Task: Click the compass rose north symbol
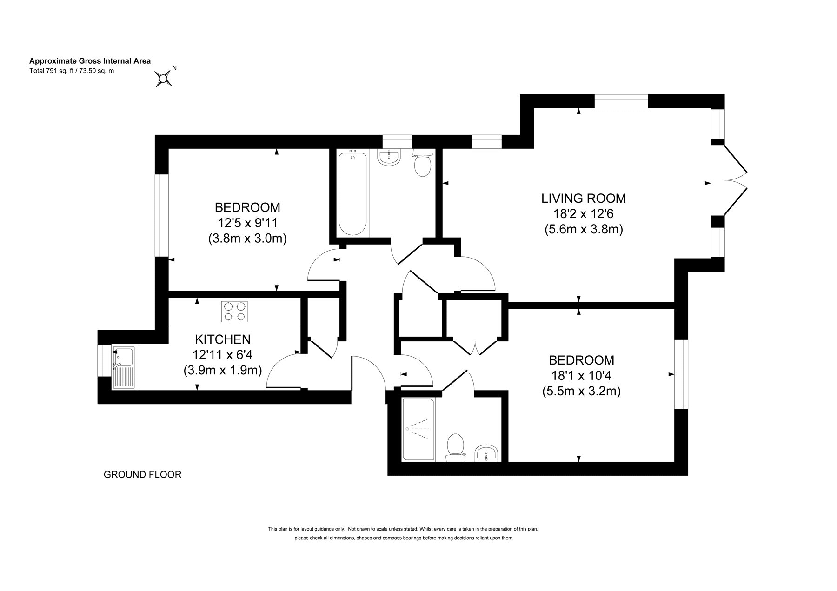click(x=164, y=79)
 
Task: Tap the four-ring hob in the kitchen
click(x=235, y=311)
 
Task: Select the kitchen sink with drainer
click(x=123, y=367)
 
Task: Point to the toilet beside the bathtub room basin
click(x=423, y=163)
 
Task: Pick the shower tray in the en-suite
click(x=418, y=430)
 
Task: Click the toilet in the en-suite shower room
click(x=455, y=448)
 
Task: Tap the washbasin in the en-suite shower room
click(x=487, y=453)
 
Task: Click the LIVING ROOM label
click(x=584, y=199)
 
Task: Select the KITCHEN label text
click(x=223, y=339)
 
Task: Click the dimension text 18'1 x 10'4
click(x=581, y=376)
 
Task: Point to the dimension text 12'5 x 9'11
click(x=247, y=223)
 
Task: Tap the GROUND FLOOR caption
click(x=142, y=475)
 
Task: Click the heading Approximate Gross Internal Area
click(x=90, y=61)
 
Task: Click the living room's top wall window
click(x=621, y=101)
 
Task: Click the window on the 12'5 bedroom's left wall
click(x=161, y=215)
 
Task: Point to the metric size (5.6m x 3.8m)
click(x=584, y=229)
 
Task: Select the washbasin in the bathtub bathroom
click(x=389, y=158)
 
